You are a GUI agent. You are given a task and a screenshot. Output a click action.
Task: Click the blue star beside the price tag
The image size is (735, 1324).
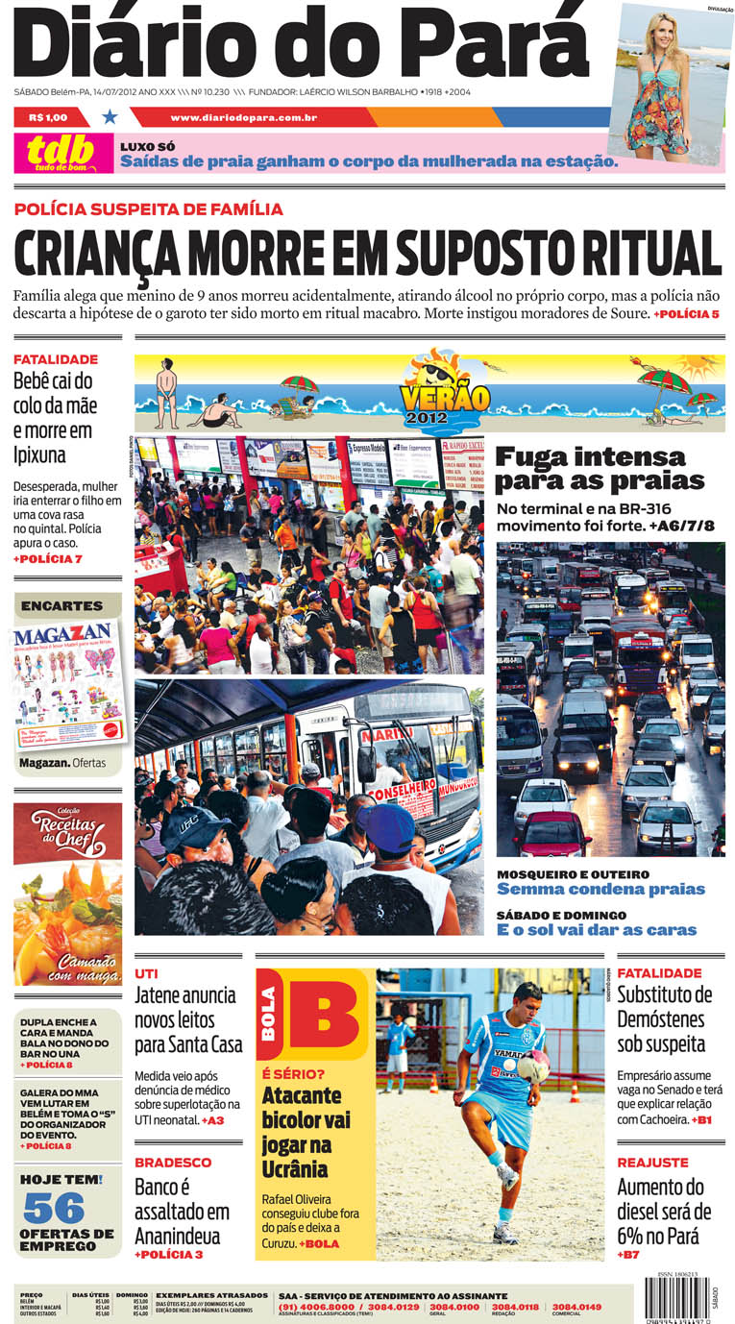(110, 117)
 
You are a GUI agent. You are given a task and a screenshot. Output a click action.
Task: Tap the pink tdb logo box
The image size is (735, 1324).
(61, 153)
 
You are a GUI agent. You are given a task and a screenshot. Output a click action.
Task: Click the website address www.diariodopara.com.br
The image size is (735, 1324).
(244, 118)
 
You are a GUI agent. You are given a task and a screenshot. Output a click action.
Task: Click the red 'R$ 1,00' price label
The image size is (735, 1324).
(48, 118)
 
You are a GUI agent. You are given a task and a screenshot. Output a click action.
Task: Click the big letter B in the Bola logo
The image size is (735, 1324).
(323, 1015)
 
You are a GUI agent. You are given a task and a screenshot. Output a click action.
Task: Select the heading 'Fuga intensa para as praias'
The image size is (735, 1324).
(599, 468)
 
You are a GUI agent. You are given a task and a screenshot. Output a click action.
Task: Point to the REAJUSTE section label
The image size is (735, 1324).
(652, 1163)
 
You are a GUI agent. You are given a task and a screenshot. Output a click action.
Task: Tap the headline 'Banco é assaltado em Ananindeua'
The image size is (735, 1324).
(183, 1211)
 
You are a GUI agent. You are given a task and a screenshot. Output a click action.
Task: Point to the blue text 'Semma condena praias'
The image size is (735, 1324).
(600, 890)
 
